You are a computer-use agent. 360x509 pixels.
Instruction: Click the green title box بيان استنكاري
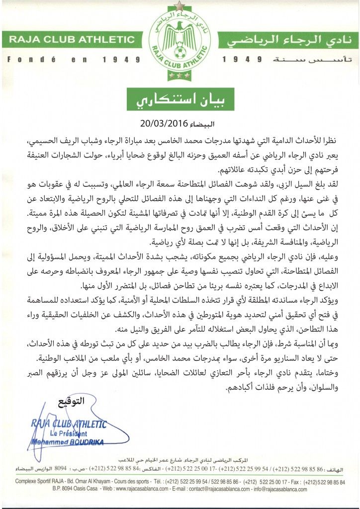click(180, 98)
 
